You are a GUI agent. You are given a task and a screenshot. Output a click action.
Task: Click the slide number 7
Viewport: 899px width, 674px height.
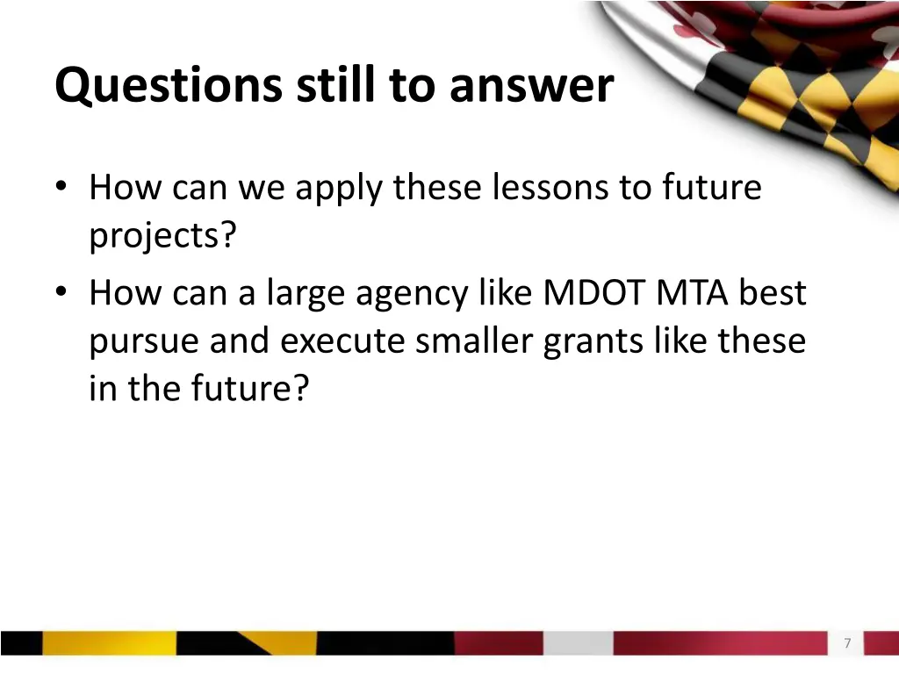847,643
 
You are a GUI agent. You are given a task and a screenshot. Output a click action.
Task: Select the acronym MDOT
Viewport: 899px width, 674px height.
595,293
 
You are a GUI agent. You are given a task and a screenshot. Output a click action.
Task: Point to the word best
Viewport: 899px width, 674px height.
772,293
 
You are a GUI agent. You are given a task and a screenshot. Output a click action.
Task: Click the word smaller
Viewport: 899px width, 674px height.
475,341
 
